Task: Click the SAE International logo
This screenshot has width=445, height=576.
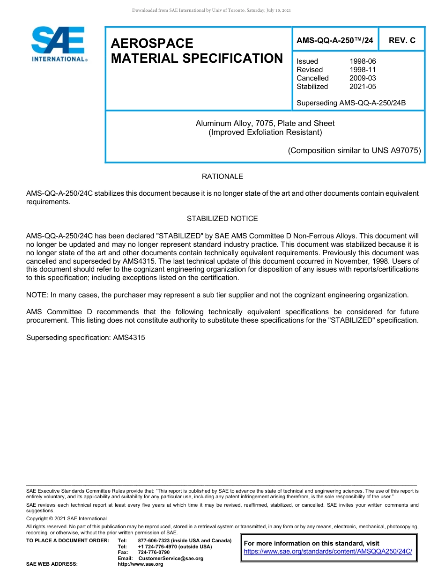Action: pos(58,44)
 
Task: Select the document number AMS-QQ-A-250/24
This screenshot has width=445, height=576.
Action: pos(334,40)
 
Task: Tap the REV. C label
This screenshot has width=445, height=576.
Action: pos(401,40)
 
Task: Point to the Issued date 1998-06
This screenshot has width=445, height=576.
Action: pos(362,61)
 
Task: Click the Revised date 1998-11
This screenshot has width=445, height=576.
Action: pos(362,70)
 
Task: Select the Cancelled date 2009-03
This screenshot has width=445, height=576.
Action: pos(362,78)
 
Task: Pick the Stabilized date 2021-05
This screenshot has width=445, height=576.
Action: pos(362,87)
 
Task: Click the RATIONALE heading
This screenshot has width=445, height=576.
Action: pos(222,177)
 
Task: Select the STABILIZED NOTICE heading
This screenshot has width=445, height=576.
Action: pos(222,219)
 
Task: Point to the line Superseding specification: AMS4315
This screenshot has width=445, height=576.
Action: pos(85,337)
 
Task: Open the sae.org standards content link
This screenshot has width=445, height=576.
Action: pos(328,551)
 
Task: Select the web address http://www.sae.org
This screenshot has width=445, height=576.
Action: pos(140,564)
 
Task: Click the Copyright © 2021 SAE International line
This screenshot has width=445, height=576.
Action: pos(67,519)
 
